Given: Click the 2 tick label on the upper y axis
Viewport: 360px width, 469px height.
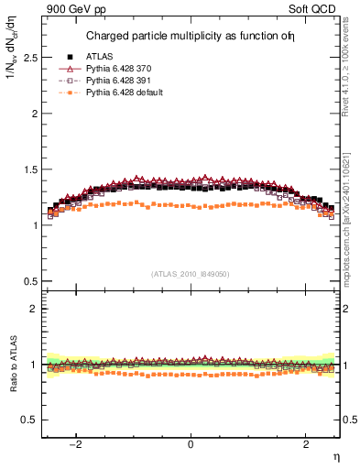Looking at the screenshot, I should tap(33, 114).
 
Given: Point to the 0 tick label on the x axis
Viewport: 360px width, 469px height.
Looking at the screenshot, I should tap(191, 444).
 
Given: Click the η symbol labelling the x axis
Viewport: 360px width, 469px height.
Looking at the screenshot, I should tap(334, 456).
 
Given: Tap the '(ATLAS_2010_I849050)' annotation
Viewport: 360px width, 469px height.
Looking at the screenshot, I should tap(191, 274).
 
